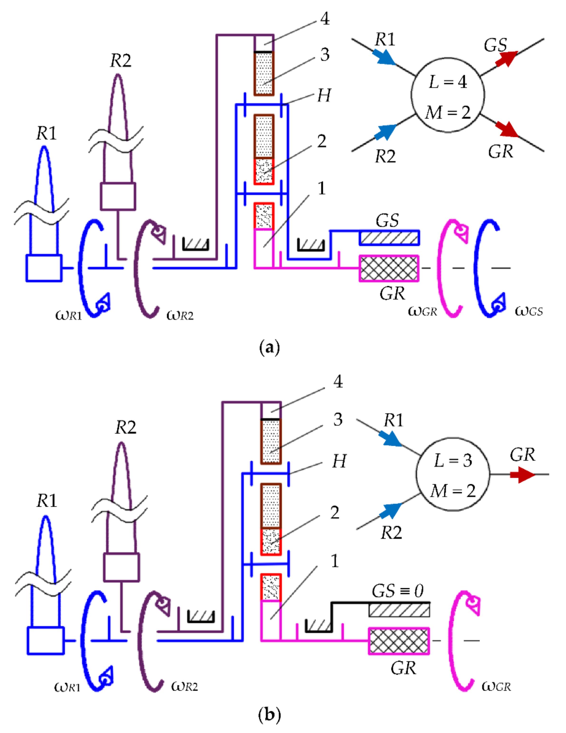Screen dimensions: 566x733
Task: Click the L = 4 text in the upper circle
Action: point(448,82)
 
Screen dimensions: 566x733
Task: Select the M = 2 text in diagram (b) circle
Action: point(453,491)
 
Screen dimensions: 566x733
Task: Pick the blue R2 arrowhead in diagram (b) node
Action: point(390,511)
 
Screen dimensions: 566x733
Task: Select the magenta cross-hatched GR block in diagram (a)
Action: point(389,268)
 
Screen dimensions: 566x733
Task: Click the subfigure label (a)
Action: point(269,348)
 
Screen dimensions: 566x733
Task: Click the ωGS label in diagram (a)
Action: point(529,311)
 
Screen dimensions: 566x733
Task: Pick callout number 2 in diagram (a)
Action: point(322,141)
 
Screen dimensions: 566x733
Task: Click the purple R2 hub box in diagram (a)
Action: point(118,196)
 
